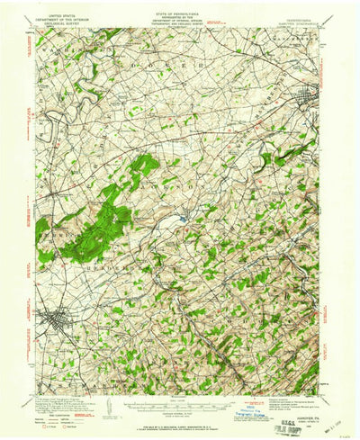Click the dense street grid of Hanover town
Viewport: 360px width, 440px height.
(54, 321)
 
